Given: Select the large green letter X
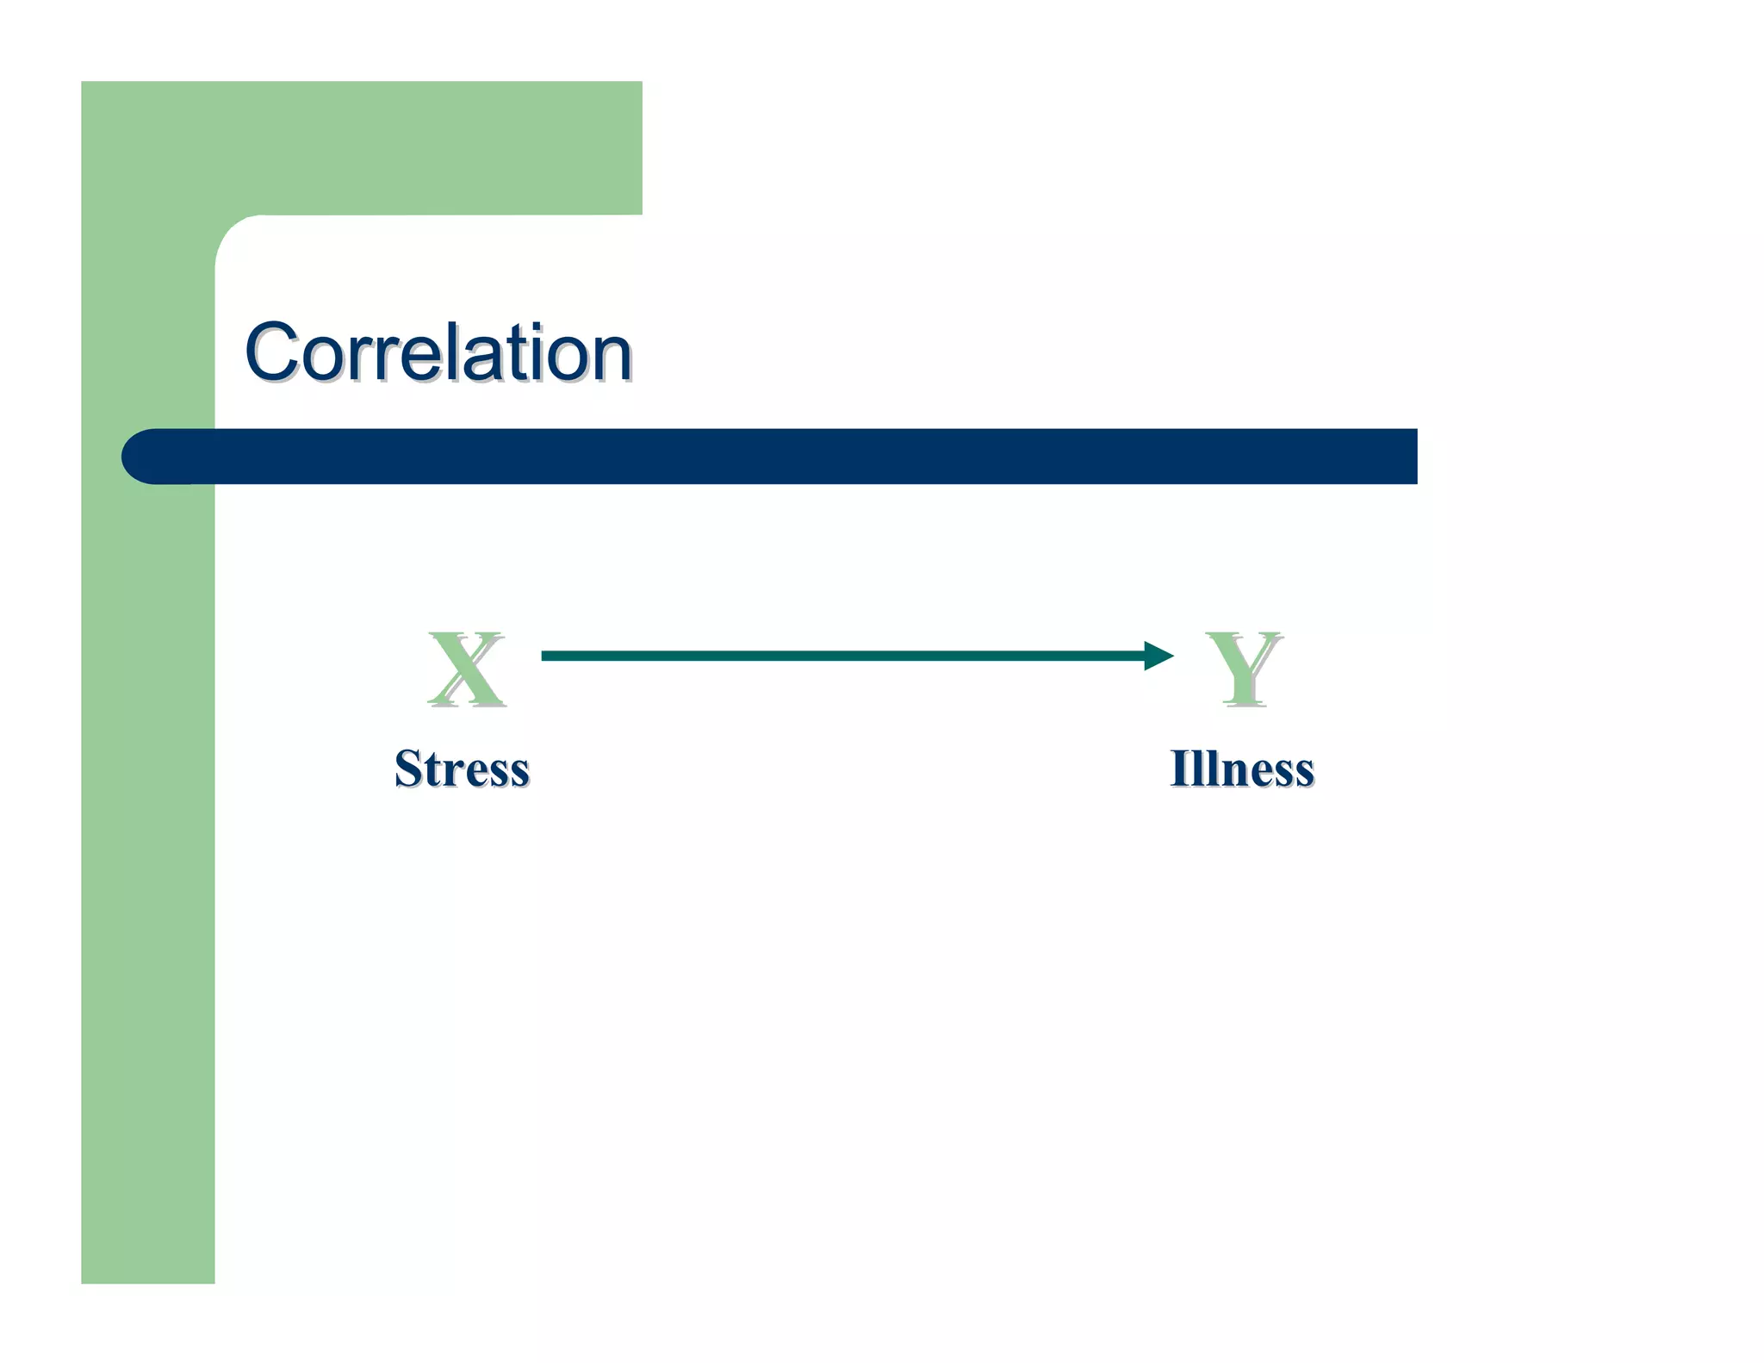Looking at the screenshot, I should point(466,669).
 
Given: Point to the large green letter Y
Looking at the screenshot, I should point(1243,669).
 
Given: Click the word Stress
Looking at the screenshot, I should point(462,769).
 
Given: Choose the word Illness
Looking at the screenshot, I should point(1241,769).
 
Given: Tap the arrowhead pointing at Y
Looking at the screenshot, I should point(1158,656).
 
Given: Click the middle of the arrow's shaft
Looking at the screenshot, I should point(844,656).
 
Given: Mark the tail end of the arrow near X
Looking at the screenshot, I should point(546,656).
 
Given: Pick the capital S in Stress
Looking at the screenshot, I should point(407,769).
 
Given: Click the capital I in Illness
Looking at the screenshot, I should point(1180,769).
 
